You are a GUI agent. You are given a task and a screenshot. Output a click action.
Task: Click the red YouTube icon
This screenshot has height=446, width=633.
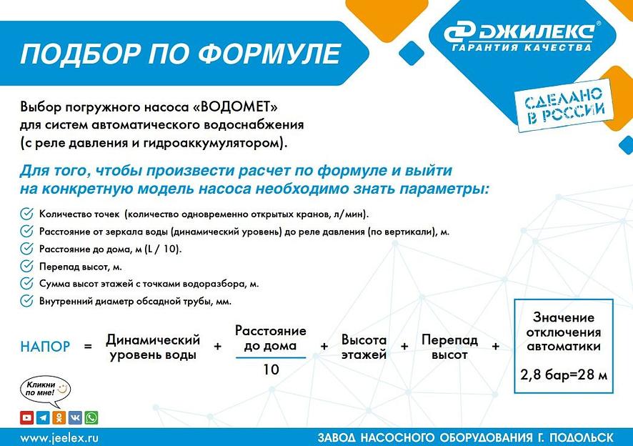pos(26,417)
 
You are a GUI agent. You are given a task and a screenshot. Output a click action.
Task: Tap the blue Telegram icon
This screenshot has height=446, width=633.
pos(43,417)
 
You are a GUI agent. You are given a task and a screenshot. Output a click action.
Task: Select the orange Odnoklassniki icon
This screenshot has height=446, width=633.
pos(59,417)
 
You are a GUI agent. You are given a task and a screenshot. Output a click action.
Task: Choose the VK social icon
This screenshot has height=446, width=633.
pos(75,417)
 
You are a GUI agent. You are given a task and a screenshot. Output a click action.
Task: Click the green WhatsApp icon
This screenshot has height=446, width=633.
pos(91,417)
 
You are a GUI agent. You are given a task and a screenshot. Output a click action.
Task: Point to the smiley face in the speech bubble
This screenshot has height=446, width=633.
pos(63,387)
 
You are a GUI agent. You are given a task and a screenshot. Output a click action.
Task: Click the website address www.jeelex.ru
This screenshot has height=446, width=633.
pos(59,436)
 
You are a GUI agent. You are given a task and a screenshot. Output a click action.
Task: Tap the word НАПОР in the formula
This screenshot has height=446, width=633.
pos(45,347)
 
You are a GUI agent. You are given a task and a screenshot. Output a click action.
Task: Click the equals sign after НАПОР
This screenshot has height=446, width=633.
pos(89,347)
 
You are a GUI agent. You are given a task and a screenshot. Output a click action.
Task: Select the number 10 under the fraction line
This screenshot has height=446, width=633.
pos(271,370)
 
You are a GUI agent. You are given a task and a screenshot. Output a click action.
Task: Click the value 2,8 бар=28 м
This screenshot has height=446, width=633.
pos(563,374)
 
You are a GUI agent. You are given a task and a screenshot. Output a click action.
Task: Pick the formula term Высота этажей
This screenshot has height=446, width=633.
pos(364,347)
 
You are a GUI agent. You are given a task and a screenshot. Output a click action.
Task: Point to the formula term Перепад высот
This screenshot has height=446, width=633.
pos(449,347)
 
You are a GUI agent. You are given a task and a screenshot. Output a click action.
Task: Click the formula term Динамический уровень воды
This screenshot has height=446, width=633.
pos(154,347)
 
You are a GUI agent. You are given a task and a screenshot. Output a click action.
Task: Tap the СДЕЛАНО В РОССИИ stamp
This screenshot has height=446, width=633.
pos(559,103)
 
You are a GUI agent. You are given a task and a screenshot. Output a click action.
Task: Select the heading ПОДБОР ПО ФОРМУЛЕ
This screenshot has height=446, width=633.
pos(180,53)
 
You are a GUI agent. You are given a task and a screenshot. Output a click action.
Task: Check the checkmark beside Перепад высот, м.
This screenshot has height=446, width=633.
pos(26,266)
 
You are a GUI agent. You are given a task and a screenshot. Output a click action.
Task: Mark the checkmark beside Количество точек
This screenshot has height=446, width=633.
pos(26,213)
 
